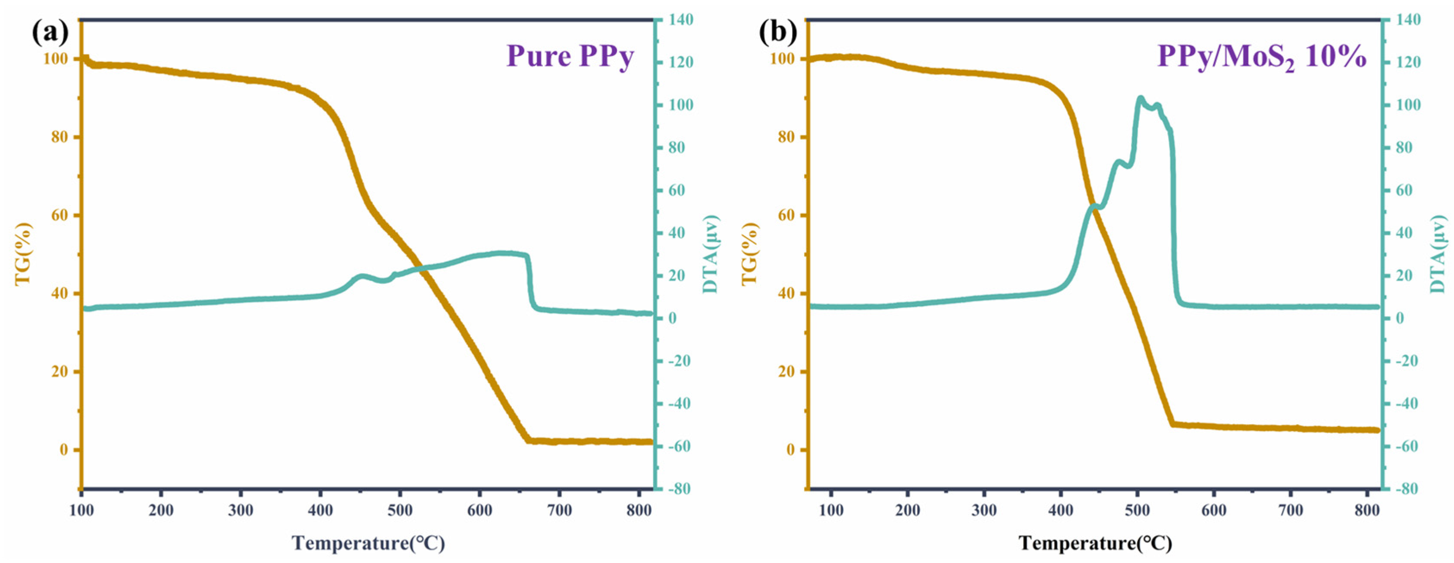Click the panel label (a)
point(50,34)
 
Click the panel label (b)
point(777,34)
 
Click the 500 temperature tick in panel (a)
point(400,510)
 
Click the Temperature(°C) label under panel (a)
point(368,543)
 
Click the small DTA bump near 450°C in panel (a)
point(361,276)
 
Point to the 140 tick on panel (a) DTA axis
point(677,20)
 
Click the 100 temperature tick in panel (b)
point(830,510)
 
